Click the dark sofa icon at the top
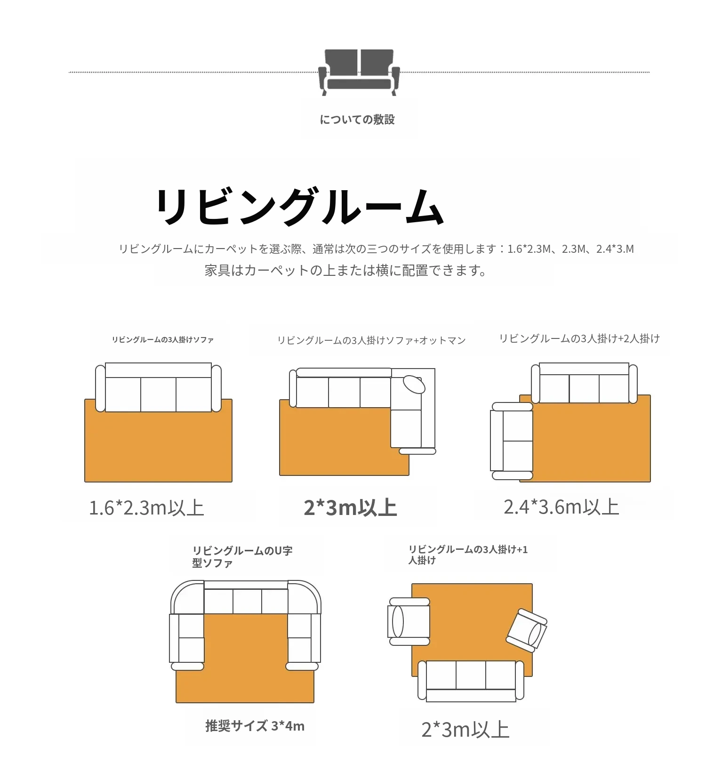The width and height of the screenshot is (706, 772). coord(359,72)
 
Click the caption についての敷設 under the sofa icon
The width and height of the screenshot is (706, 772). coord(357,120)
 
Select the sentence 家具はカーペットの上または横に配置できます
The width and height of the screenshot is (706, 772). coord(345,271)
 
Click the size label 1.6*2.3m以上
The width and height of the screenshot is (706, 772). coord(146,508)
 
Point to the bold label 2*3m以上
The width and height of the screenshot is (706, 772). coord(351,508)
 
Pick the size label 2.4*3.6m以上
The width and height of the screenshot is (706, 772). coord(561,507)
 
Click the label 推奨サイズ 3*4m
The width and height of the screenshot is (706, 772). coord(255,726)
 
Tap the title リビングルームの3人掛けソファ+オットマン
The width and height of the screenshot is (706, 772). coord(371,340)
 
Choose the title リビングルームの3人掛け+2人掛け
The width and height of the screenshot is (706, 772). coord(579,338)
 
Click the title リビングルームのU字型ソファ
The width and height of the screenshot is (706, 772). coord(242,556)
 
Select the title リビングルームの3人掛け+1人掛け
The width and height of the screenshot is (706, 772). coord(468,555)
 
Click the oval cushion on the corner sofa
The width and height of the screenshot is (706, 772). coord(414,384)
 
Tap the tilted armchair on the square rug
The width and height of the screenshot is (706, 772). coord(527,630)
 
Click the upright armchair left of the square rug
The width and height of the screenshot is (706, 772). coord(409,621)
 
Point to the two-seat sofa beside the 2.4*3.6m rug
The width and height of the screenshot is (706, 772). coord(512,441)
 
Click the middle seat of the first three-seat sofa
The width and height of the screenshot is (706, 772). coord(158,394)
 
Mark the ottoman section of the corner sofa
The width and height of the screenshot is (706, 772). coord(406,428)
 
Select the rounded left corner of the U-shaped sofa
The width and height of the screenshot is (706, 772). coord(187,597)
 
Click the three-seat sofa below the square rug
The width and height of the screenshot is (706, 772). coord(471,681)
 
